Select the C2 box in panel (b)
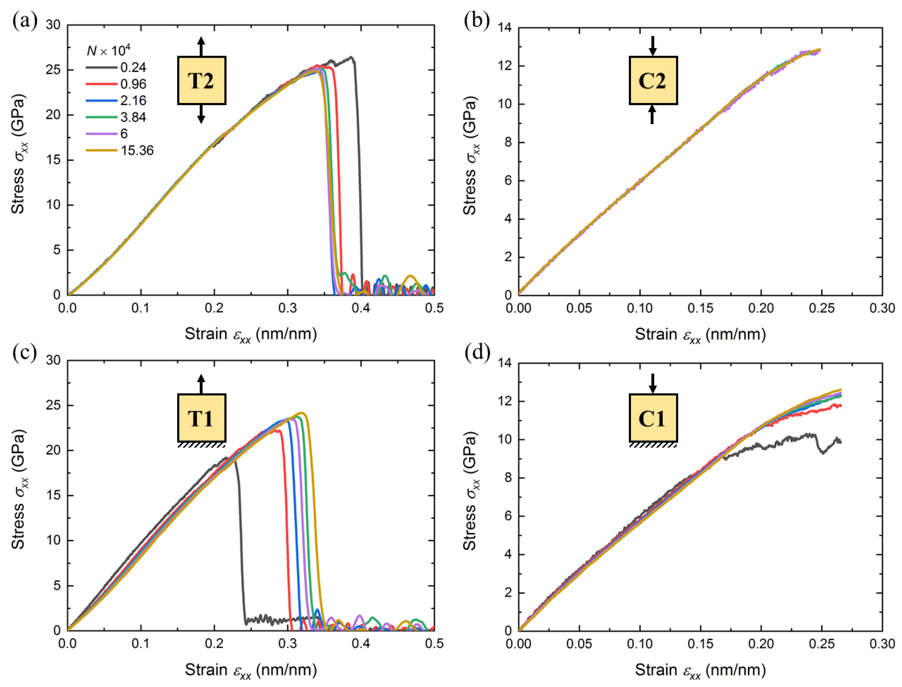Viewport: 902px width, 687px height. click(x=653, y=81)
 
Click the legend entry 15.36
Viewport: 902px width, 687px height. click(x=137, y=151)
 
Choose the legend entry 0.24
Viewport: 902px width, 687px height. click(x=133, y=67)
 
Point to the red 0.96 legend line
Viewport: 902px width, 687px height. click(x=101, y=84)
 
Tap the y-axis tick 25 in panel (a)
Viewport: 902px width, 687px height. click(x=53, y=70)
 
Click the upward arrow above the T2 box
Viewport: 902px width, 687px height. click(x=201, y=46)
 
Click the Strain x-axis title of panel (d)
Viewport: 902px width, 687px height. click(x=700, y=669)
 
